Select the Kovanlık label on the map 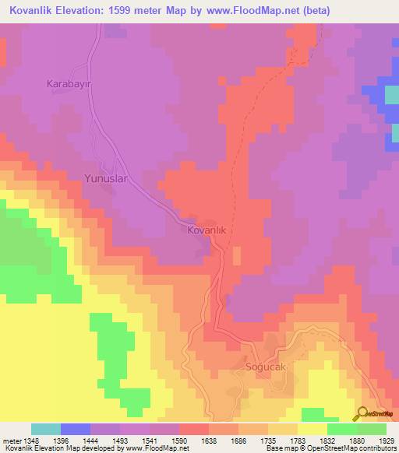207,230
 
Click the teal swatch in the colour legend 45,429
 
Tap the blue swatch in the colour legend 75,429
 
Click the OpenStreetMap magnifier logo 361,413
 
